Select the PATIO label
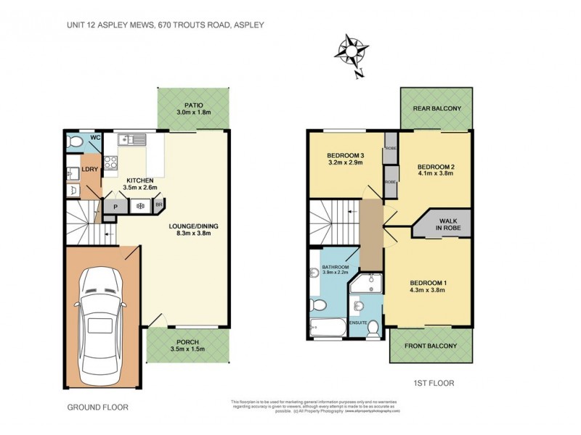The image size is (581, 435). [193, 104]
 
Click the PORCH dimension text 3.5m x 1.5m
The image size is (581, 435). [192, 349]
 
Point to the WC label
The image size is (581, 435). [94, 138]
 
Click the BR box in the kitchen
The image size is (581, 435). [158, 206]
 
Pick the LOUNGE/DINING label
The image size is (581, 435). [193, 226]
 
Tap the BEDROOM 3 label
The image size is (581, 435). [346, 155]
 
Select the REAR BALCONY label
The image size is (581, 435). [437, 109]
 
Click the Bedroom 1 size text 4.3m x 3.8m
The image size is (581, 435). [427, 290]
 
